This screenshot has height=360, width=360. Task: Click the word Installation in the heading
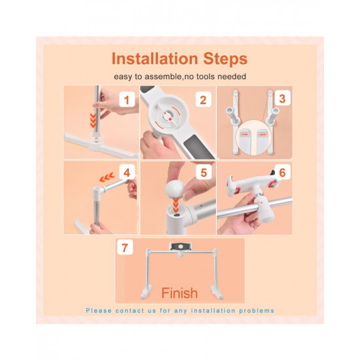click(154, 59)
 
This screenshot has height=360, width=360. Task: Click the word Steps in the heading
click(225, 60)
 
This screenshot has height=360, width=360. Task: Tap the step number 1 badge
click(127, 99)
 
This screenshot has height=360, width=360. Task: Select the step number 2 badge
click(203, 99)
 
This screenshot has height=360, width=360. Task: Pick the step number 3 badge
click(282, 98)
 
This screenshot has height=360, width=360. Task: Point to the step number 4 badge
click(127, 172)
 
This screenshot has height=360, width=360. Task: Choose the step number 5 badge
click(204, 172)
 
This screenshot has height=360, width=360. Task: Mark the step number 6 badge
click(282, 172)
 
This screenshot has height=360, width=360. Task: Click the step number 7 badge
click(125, 247)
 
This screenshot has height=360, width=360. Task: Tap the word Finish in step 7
click(179, 293)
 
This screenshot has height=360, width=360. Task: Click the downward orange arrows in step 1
click(93, 120)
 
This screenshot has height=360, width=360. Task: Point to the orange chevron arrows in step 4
click(107, 177)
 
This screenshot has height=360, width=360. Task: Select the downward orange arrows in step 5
click(175, 205)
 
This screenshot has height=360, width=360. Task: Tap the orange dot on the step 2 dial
click(170, 119)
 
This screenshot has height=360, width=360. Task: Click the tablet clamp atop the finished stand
click(181, 247)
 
